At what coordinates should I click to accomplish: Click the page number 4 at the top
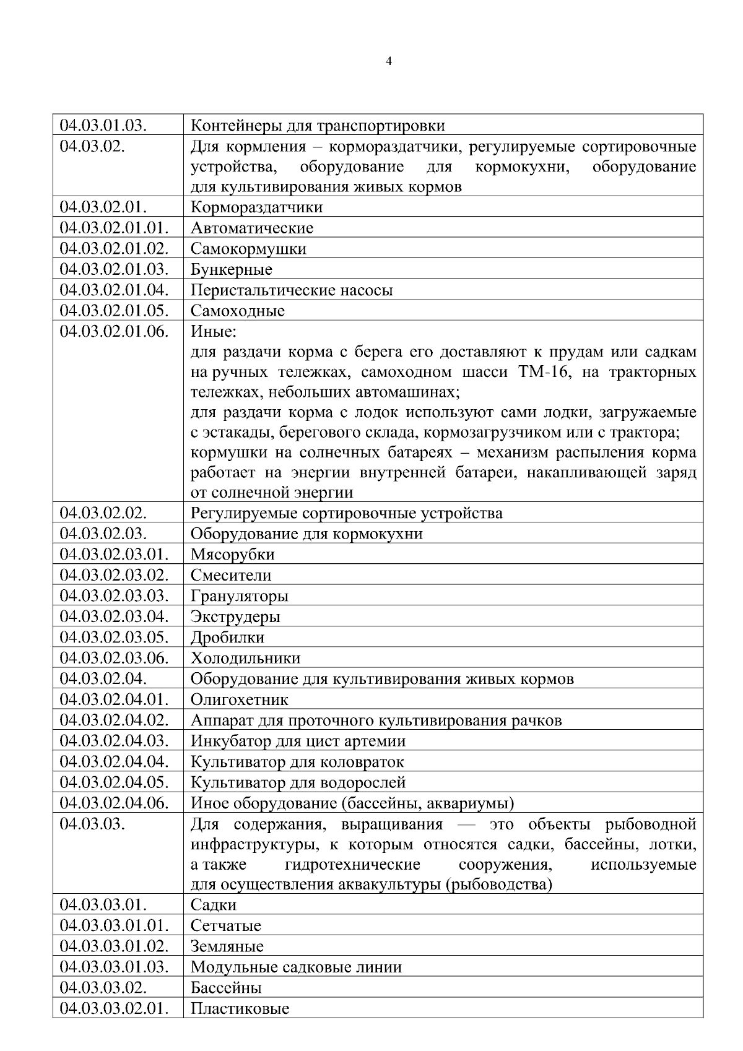point(389,61)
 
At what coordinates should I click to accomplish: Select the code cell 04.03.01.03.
point(103,125)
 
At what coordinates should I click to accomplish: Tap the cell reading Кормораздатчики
point(256,207)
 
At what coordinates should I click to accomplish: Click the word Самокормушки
point(248,249)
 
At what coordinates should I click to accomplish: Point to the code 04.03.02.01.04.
point(114,290)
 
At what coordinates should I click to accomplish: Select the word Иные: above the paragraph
point(213,332)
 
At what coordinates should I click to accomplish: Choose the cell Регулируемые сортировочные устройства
point(347,513)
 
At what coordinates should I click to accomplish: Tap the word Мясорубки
point(233,555)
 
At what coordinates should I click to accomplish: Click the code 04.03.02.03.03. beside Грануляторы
point(114,596)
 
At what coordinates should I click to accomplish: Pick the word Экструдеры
point(235,617)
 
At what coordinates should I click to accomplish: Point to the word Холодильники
point(245,658)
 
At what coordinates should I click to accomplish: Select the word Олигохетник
point(240,700)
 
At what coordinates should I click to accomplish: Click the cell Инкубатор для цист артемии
point(298,742)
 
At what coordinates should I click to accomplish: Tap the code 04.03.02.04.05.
point(114,782)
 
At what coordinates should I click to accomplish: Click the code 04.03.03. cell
point(92,824)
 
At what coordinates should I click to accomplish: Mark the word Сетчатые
point(226,926)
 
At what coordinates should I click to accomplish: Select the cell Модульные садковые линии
point(296,967)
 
